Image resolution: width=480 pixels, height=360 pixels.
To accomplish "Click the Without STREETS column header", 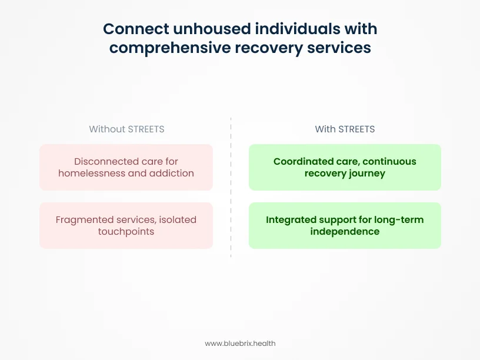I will tap(126, 129).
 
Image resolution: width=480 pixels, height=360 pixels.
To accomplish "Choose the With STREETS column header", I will tap(345, 129).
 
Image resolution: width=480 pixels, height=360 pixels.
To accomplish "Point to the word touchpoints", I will tap(126, 231).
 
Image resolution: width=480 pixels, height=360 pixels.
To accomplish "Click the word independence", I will tap(345, 231).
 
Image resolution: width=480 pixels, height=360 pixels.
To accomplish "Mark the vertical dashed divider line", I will tap(231, 188).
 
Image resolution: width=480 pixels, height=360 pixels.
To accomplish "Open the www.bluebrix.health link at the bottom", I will tap(240, 343).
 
